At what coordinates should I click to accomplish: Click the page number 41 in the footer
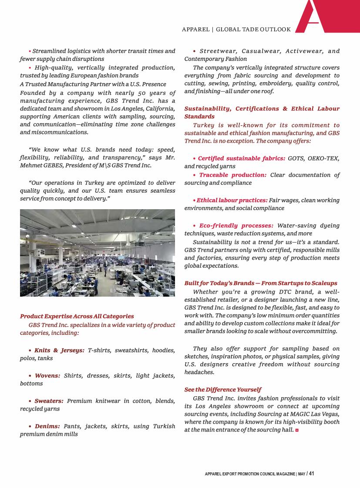pos(311,474)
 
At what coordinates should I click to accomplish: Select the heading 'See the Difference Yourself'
pos(223,390)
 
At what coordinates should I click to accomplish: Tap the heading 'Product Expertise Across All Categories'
pos(77,316)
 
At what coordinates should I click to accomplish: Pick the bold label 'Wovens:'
pos(47,375)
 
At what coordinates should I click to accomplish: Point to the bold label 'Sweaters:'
pos(49,401)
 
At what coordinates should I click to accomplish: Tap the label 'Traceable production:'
pos(233,175)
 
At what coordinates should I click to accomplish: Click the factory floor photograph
pos(98,253)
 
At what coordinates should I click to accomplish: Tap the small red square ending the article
pos(297,430)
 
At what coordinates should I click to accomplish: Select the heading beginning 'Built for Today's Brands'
pos(261,283)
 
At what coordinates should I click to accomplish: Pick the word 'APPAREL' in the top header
pos(195,30)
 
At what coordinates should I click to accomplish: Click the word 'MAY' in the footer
pos(302,474)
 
